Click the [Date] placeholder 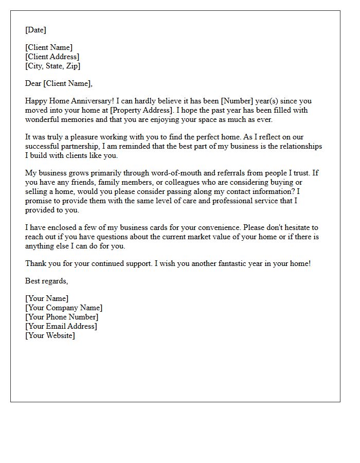click(35, 30)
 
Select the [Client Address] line click(52, 57)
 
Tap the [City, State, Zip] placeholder click(52, 66)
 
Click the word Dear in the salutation click(33, 83)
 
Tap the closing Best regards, click(46, 281)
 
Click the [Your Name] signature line click(47, 298)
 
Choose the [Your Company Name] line click(64, 308)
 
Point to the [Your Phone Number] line click(62, 317)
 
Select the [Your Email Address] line click(61, 326)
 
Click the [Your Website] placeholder click(50, 335)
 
